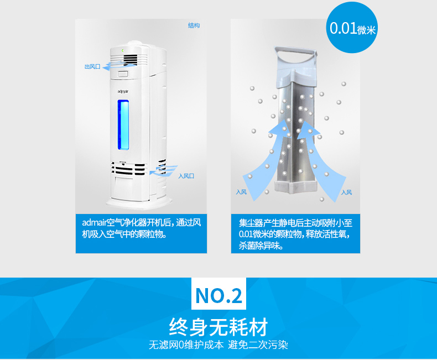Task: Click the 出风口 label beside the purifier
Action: [92, 66]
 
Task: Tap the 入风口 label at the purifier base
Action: [186, 176]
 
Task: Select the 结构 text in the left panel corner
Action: [194, 25]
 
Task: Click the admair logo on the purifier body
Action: [123, 91]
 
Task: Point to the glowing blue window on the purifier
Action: [123, 125]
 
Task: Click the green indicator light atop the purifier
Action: [123, 50]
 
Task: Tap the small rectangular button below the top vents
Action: [123, 74]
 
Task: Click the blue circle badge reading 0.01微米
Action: [352, 27]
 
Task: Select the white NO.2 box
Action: [219, 294]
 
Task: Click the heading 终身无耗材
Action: [218, 327]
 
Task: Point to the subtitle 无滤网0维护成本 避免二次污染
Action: [218, 345]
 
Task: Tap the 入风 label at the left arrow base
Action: [241, 192]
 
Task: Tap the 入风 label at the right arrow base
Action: [346, 192]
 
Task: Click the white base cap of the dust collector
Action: [296, 186]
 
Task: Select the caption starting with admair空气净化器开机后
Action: [141, 228]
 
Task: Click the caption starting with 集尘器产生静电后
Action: [295, 234]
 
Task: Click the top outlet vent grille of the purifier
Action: [129, 59]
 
